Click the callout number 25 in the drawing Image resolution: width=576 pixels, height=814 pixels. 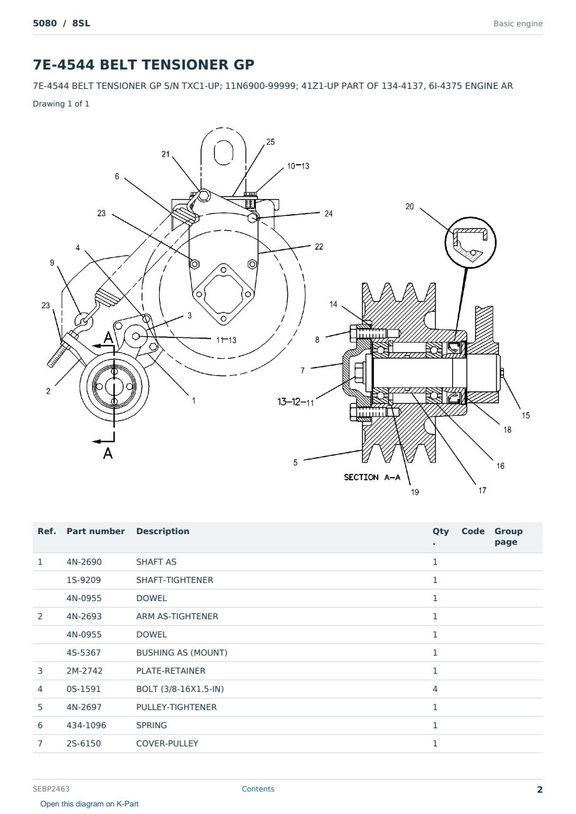pos(270,142)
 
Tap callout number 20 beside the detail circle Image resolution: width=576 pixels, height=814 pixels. pos(409,207)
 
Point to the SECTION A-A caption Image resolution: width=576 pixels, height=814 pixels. pos(372,477)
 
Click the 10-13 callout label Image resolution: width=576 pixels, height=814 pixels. pos(298,166)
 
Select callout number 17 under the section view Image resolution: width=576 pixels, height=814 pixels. pos(482,490)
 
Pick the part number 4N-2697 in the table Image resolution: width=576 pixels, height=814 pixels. pos(84,707)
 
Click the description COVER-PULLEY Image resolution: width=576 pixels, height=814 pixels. pos(167,743)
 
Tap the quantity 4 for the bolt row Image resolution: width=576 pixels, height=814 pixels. pos(435,689)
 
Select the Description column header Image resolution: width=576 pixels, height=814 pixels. pos(163,531)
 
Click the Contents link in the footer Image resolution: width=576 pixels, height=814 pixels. pos(258,789)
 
